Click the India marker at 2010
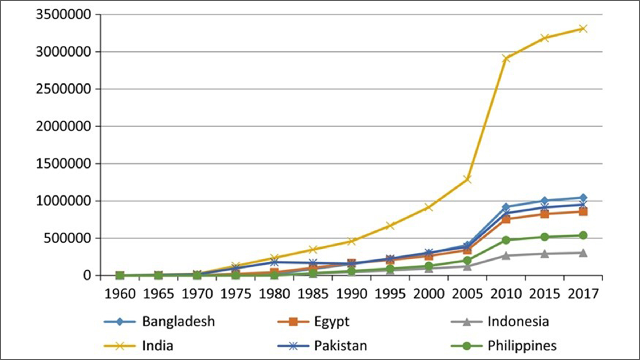tap(506, 58)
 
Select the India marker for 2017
tap(583, 29)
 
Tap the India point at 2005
tap(467, 179)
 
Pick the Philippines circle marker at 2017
tap(583, 235)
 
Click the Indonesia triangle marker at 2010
tap(506, 256)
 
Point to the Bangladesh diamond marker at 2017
tap(583, 198)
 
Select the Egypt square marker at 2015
tap(545, 214)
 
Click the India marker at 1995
tap(390, 226)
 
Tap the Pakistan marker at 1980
tap(274, 262)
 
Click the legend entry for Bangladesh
tap(178, 321)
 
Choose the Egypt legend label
tap(331, 321)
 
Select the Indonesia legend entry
tap(518, 321)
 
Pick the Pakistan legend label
tap(341, 346)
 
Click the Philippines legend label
tap(522, 346)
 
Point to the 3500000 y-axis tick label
tap(63, 14)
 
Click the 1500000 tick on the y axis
tap(63, 163)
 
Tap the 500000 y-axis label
tap(67, 238)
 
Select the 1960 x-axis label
tap(120, 294)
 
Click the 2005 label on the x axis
tap(467, 294)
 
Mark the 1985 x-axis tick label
tap(313, 294)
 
